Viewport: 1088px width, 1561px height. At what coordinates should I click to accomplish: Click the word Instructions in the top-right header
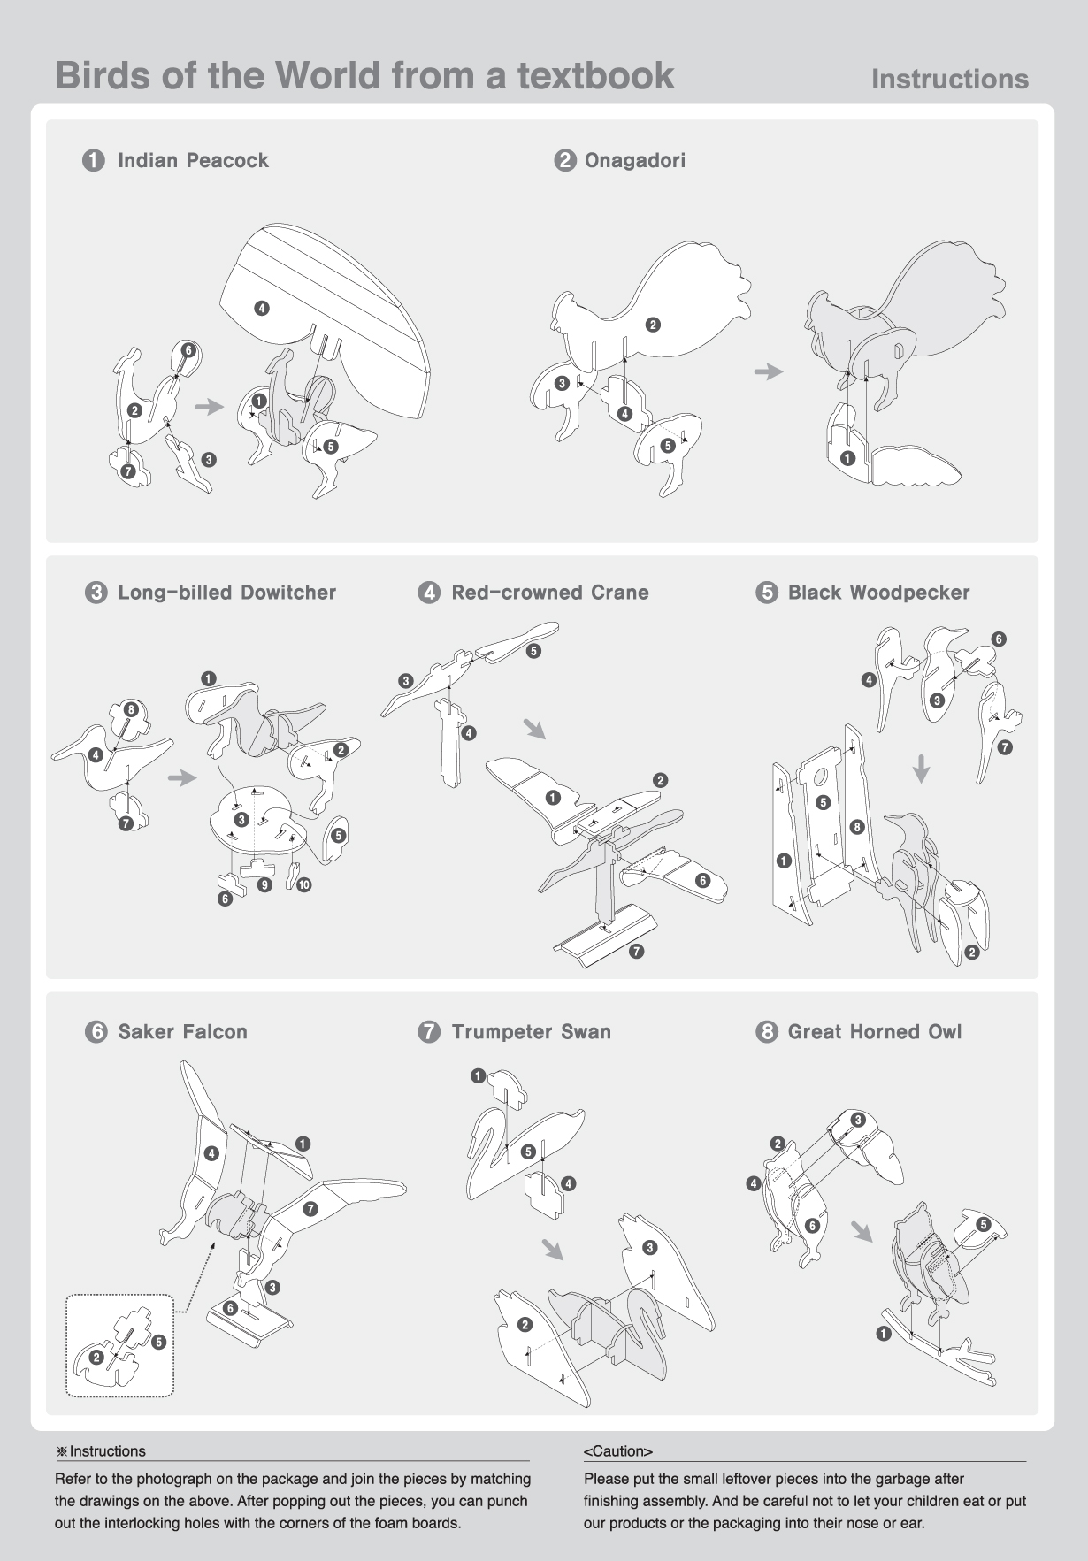(x=950, y=79)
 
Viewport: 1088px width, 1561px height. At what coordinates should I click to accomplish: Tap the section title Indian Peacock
(x=193, y=160)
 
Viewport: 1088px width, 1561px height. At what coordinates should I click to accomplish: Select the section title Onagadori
(x=634, y=160)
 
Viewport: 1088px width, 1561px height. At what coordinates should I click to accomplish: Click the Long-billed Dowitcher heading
(x=227, y=593)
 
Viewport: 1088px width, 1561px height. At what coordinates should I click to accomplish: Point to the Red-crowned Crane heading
(x=550, y=593)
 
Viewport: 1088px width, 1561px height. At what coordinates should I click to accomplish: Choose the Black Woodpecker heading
(x=878, y=593)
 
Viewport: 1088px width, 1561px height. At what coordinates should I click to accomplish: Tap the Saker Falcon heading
(x=182, y=1031)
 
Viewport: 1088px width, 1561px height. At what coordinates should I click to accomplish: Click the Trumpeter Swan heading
(x=531, y=1031)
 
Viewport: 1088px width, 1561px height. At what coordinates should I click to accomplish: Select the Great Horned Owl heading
(x=874, y=1031)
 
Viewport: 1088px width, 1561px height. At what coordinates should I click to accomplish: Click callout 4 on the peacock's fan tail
(x=261, y=308)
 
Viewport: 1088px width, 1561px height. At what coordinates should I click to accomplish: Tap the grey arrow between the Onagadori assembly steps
(x=769, y=371)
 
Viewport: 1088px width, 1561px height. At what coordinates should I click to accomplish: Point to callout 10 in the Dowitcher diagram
(x=303, y=884)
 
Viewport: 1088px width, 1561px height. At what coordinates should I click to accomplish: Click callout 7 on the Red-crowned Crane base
(x=636, y=952)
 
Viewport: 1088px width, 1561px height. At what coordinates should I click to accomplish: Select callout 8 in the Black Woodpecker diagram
(x=856, y=827)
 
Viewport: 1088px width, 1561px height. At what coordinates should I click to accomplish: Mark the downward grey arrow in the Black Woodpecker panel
(x=921, y=769)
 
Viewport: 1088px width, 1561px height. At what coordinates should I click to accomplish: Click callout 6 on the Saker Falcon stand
(x=230, y=1308)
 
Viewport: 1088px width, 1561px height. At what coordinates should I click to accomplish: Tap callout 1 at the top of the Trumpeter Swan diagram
(x=478, y=1075)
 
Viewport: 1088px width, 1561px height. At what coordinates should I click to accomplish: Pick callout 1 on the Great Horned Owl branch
(x=883, y=1334)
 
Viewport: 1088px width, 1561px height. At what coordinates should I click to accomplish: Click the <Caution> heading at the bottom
(x=617, y=1451)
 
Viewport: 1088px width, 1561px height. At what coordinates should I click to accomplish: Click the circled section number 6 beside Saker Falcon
(x=96, y=1032)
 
